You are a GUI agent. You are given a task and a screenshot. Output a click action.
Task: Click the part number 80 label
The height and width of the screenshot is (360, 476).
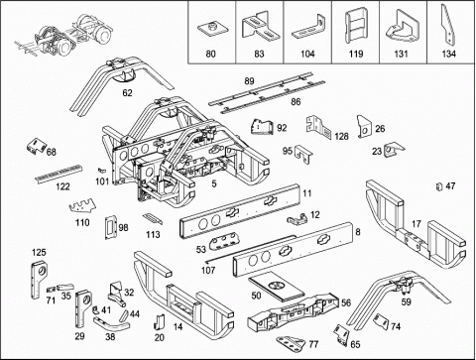210,54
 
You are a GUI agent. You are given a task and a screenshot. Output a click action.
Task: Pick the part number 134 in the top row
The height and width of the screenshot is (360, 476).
448,54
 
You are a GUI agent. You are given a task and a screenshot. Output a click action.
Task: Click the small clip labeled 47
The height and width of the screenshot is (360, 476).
439,186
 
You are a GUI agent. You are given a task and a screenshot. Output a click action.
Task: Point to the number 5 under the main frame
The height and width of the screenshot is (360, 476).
214,183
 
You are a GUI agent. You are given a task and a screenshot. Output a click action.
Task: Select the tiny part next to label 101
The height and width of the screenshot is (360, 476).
101,170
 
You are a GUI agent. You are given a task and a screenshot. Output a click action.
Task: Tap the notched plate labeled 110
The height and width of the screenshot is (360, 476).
82,207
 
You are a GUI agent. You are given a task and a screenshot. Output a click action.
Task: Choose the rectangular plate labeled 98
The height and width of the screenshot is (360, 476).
109,227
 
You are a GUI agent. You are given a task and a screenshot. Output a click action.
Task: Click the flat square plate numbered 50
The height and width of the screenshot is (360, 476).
276,286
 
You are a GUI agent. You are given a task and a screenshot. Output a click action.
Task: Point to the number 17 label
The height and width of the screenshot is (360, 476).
416,224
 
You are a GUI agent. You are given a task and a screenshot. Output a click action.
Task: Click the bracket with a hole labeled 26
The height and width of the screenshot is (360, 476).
364,127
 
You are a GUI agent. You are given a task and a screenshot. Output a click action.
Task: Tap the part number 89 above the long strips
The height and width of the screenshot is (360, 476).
249,81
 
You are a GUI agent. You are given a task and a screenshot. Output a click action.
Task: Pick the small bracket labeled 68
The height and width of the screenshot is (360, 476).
36,146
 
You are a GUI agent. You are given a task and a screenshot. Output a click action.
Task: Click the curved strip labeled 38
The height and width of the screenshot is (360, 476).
111,324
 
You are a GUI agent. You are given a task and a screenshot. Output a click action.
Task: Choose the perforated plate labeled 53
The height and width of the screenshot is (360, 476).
222,241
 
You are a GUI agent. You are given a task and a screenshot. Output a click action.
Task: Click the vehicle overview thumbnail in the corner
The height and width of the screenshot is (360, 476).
64,36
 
